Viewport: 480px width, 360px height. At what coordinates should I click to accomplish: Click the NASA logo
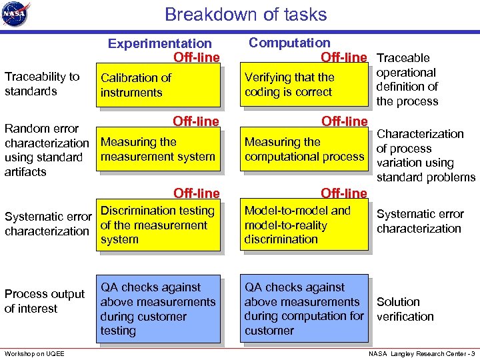pyautogui.click(x=16, y=15)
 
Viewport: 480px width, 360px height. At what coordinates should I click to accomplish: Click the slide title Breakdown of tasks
pyautogui.click(x=245, y=15)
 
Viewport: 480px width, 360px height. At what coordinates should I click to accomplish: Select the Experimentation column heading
pyautogui.click(x=160, y=44)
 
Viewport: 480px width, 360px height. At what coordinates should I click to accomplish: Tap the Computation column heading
pyautogui.click(x=289, y=43)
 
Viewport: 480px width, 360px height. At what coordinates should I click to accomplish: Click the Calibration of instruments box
pyautogui.click(x=158, y=85)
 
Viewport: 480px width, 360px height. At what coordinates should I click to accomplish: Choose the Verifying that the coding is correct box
pyautogui.click(x=304, y=85)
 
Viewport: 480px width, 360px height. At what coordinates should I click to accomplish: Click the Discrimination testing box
pyautogui.click(x=158, y=225)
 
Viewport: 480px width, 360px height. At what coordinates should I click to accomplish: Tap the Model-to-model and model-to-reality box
pyautogui.click(x=304, y=225)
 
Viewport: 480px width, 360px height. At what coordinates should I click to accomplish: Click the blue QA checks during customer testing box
pyautogui.click(x=158, y=309)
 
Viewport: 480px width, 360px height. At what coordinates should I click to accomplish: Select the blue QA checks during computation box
pyautogui.click(x=304, y=309)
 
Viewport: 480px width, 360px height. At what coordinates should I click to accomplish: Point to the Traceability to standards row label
pyautogui.click(x=42, y=84)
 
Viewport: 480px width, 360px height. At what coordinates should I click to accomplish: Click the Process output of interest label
pyautogui.click(x=45, y=301)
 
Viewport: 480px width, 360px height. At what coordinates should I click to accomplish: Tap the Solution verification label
pyautogui.click(x=405, y=309)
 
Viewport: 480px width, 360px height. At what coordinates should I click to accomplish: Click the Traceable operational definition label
pyautogui.click(x=407, y=80)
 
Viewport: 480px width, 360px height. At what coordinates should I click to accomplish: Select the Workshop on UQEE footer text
pyautogui.click(x=34, y=353)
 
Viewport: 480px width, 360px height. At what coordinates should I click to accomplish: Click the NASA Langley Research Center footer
pyautogui.click(x=422, y=353)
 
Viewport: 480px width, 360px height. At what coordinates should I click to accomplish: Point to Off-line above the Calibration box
pyautogui.click(x=196, y=57)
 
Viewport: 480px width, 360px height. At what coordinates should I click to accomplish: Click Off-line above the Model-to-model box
pyautogui.click(x=343, y=193)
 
